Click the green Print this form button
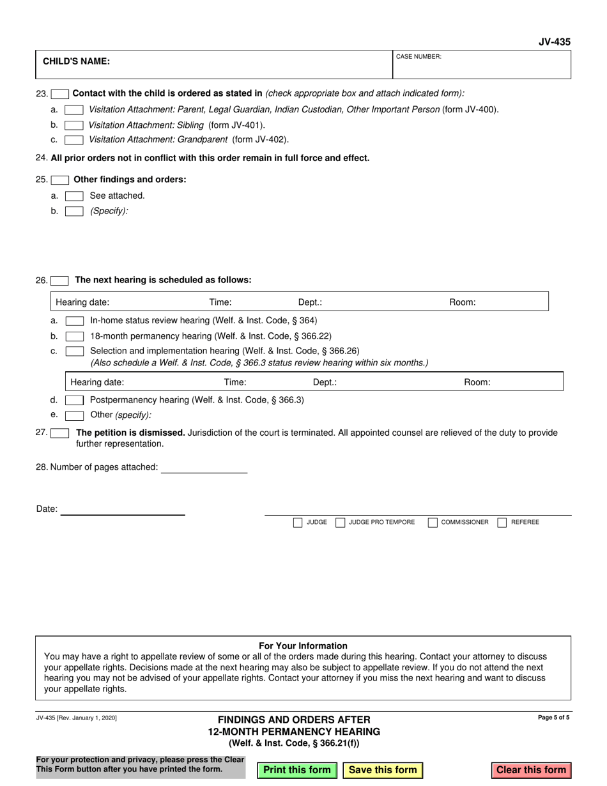pos(296,770)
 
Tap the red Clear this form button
pos(531,770)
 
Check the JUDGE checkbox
pos(298,523)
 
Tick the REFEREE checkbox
pos(502,523)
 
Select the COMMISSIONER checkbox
pos(433,523)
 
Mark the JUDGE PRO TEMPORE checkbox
pos(341,523)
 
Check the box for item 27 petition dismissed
pos(60,433)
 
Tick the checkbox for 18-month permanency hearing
pos(75,336)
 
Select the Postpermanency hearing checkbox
pos(75,401)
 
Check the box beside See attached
pos(75,196)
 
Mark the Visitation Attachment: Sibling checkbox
pos(75,125)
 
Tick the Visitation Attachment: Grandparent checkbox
pos(75,139)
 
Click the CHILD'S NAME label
pos(76,62)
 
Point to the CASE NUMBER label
pos(419,57)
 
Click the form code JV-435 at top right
pos(554,42)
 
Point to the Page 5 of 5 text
pos(554,718)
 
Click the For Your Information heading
pos(303,645)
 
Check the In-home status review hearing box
pos(75,321)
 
